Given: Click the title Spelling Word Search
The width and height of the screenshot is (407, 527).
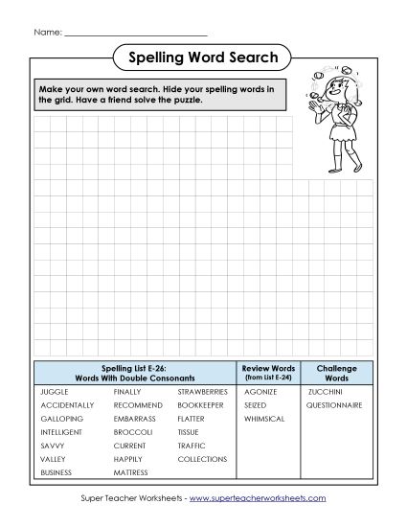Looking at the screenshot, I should tap(203, 58).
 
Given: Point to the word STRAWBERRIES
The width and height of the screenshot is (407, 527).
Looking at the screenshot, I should tap(202, 392).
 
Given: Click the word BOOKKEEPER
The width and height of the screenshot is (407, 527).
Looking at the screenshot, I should tap(200, 405).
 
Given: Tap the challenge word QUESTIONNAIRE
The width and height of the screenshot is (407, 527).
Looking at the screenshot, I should tap(334, 405).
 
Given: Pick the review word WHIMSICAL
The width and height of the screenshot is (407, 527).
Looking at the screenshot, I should tap(264, 419).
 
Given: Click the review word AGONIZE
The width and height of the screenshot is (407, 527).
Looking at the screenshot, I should tap(260, 392).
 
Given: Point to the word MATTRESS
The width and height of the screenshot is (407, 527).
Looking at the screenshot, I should tap(130, 472).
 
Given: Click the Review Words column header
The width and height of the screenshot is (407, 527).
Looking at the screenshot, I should tap(269, 373).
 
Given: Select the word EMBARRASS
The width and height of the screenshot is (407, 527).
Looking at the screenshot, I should tap(134, 419).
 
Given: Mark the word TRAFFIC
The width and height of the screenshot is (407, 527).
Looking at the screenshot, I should tap(192, 446).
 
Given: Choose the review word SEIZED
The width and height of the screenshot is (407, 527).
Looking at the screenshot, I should tap(256, 405).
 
